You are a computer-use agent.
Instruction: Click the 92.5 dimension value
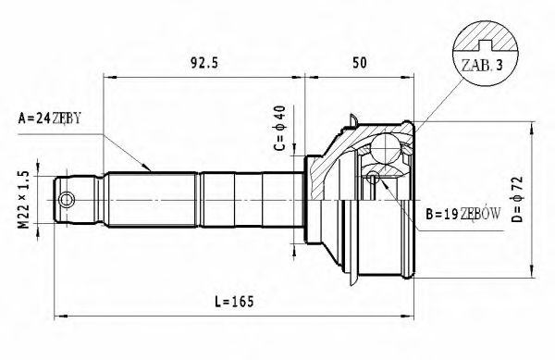(196, 63)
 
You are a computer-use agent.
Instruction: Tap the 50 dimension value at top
(362, 63)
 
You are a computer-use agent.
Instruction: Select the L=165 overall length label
(232, 302)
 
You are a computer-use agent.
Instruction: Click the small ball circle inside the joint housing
(372, 177)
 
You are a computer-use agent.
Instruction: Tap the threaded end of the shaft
(79, 199)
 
